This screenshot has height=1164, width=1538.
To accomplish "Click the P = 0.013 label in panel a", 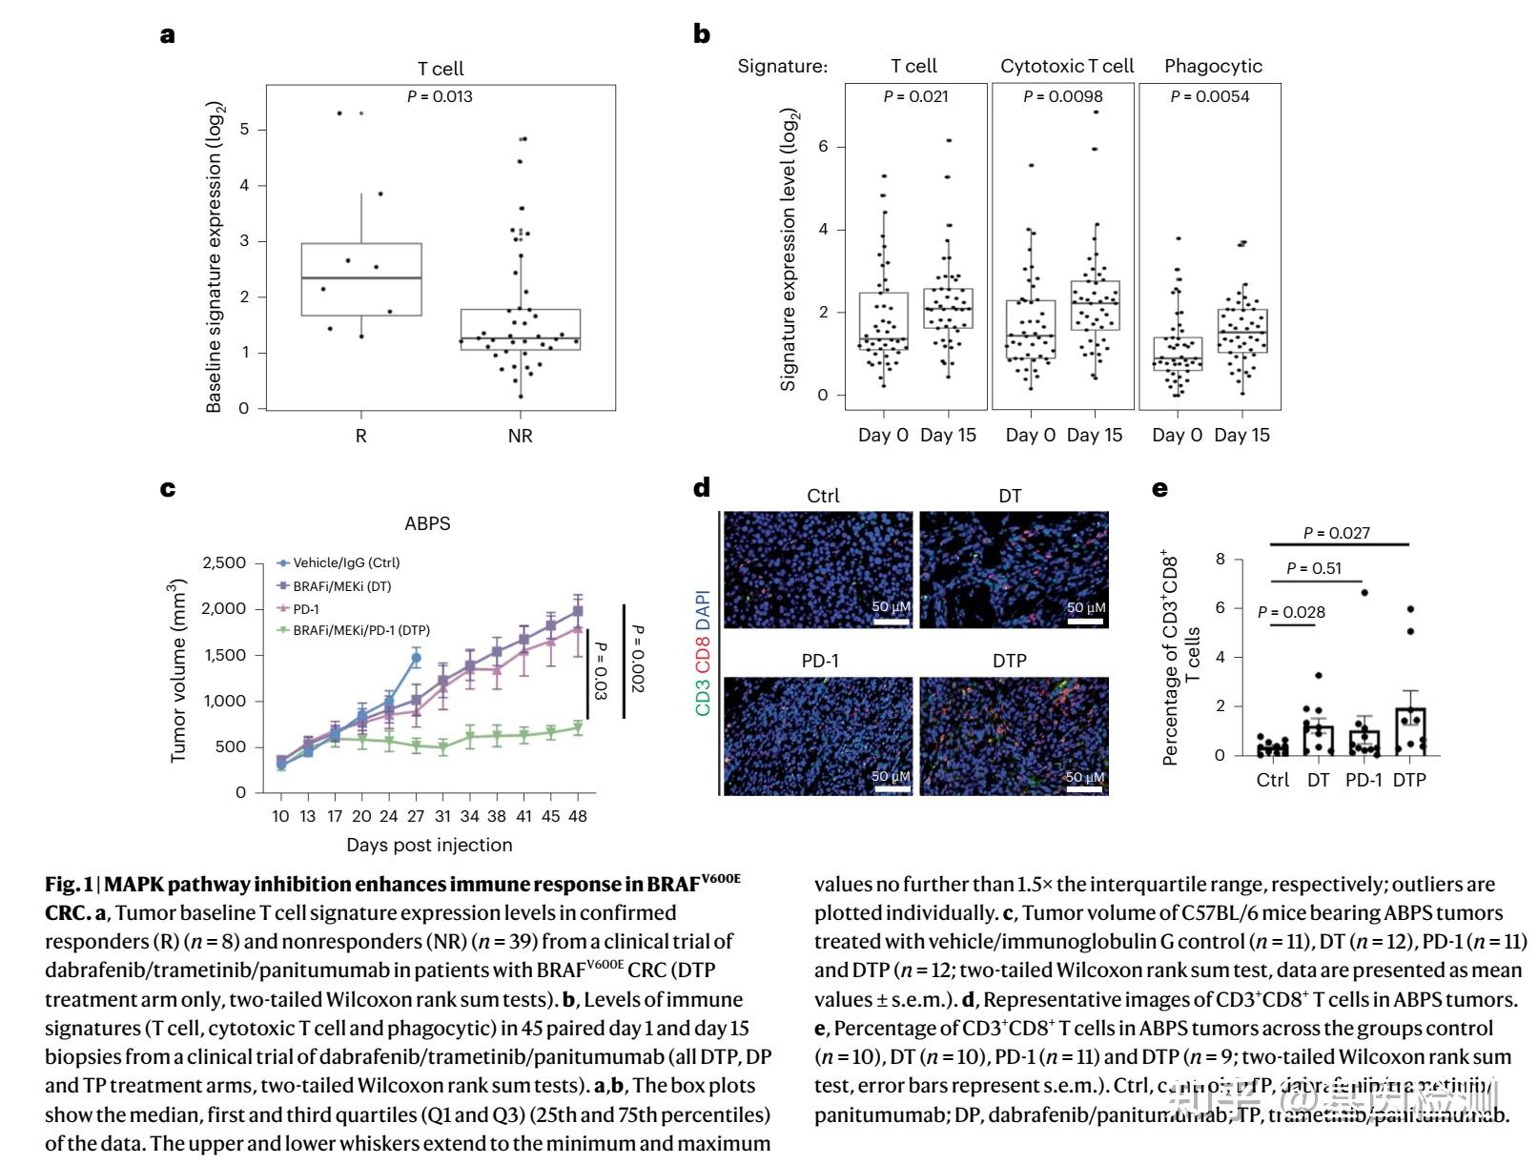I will coord(440,96).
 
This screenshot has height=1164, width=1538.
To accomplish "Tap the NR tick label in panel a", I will coord(520,436).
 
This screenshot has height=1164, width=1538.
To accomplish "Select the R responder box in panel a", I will coord(361,279).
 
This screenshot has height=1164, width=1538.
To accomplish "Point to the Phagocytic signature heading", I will coord(1213,66).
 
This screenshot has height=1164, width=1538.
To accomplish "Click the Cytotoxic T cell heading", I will coord(1067,66).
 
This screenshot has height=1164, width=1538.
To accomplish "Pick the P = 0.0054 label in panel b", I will coord(1209,96).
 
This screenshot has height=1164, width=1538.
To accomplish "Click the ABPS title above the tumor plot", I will coord(427,523).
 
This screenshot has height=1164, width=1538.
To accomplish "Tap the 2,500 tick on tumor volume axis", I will coord(225,563).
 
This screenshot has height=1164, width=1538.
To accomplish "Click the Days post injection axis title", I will coord(429,845).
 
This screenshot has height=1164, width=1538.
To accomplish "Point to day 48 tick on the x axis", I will coord(578,816).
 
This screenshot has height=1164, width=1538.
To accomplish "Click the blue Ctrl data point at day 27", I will coord(416,658).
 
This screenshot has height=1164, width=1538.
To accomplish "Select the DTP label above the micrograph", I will coord(1010,661).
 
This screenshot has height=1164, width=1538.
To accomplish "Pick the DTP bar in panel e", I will coord(1409,731).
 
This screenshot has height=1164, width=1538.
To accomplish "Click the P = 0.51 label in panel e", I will coord(1313,569).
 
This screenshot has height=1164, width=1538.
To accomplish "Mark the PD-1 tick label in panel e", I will coord(1364,780).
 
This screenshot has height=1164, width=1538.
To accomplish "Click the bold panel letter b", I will coord(702,34).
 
